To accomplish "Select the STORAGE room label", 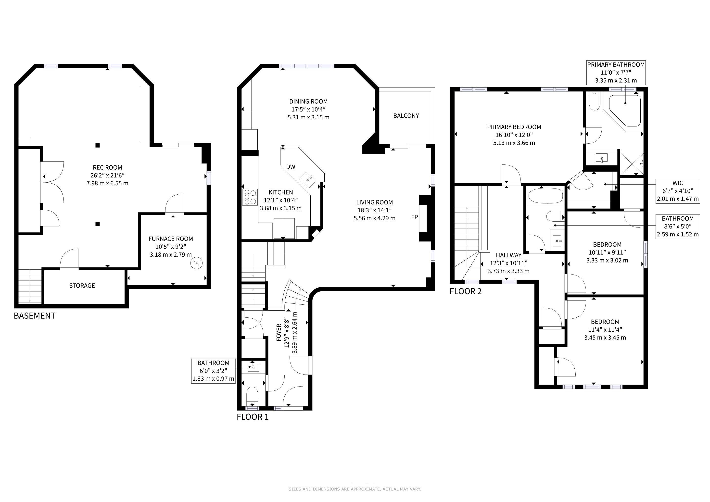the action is click(82, 286).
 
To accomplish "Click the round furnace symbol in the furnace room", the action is click(196, 263).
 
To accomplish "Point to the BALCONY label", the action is click(406, 116).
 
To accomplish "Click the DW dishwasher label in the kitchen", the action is click(291, 167).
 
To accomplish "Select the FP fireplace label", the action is click(414, 217).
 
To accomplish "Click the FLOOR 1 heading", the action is click(253, 417).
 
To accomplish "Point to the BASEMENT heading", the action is click(35, 316).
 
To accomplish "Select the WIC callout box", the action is click(678, 191).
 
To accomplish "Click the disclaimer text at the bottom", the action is click(355, 489).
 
